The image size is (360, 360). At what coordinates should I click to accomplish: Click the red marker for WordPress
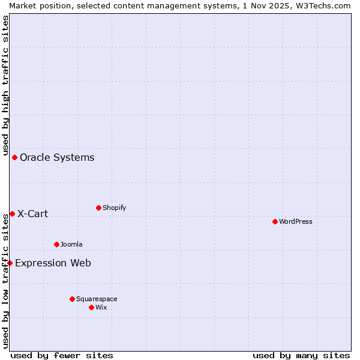coord(275,221)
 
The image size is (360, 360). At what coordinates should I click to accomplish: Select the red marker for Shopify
coord(98,208)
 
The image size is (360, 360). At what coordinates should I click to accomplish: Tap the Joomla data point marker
coord(56,244)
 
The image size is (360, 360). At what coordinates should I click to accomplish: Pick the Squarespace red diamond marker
coord(72,299)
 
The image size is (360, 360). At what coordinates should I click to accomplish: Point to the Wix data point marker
coord(91,307)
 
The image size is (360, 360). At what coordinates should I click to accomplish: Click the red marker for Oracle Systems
coord(14,157)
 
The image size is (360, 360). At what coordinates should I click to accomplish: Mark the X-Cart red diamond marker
coord(12,214)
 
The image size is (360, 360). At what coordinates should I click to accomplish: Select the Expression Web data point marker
coord(10,263)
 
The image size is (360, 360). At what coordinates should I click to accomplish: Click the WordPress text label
coord(296,221)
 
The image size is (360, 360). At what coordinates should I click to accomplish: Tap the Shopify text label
coord(114,208)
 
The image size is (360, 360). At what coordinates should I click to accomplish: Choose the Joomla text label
coord(71,244)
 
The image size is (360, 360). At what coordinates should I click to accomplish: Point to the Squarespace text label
coord(97,299)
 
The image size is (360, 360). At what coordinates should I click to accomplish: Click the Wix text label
coord(101,307)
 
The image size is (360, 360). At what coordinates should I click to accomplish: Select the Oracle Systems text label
coord(57,157)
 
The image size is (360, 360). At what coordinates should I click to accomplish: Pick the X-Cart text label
coord(32,214)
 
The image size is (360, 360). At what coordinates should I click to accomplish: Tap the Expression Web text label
coord(53,263)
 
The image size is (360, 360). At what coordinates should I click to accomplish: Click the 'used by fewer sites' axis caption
coord(62,355)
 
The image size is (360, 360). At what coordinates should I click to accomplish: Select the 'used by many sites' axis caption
coord(301,355)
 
